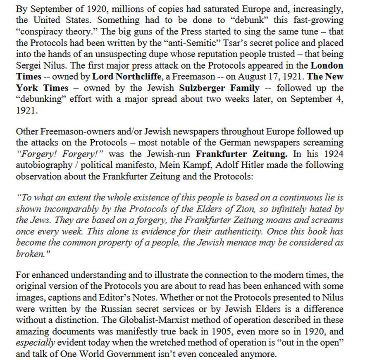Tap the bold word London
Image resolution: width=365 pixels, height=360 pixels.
pos(327,66)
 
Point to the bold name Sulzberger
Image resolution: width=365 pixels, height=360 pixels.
pos(201,88)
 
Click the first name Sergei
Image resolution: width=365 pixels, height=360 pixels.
pos(29,66)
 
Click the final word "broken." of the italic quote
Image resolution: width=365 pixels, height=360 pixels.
pos(29,254)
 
